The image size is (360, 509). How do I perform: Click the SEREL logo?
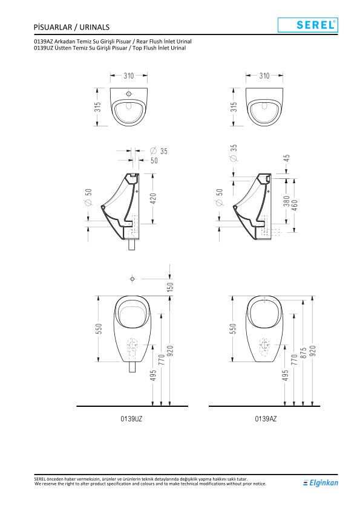pyautogui.click(x=308, y=25)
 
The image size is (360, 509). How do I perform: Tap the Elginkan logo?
pyautogui.click(x=321, y=483)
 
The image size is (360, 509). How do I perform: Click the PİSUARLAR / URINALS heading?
pyautogui.click(x=71, y=27)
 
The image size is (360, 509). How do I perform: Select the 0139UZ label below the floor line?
pyautogui.click(x=131, y=419)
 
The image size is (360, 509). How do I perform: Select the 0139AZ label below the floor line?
pyautogui.click(x=266, y=419)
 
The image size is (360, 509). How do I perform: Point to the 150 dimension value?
pyautogui.click(x=170, y=287)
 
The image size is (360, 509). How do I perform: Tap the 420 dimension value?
pyautogui.click(x=153, y=199)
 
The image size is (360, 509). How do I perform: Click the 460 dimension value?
pyautogui.click(x=295, y=205)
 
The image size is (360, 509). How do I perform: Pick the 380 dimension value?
pyautogui.click(x=286, y=201)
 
